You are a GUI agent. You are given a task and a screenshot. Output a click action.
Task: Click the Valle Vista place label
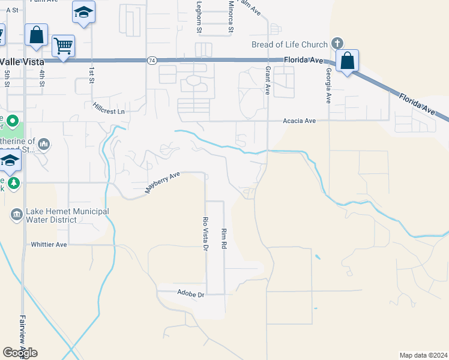[19, 61]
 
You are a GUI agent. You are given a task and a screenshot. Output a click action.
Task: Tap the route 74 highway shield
[152, 60]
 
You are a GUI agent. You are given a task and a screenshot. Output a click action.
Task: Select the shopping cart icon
[63, 46]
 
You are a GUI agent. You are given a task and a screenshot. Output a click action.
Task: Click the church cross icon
[337, 43]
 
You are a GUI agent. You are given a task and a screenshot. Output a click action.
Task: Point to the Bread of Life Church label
[289, 44]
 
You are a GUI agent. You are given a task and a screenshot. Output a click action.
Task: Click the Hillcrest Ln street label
[109, 112]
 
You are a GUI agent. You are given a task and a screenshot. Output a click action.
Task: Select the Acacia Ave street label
[300, 121]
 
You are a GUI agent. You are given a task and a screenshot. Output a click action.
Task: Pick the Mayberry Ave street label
[163, 182]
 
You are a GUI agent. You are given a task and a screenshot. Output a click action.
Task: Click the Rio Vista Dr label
[205, 233]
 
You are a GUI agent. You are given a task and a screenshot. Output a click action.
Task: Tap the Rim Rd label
[223, 239]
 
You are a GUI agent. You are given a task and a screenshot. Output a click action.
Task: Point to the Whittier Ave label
[49, 244]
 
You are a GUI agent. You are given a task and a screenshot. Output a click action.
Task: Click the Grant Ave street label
[268, 80]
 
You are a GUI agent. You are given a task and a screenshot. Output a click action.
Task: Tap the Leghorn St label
[199, 16]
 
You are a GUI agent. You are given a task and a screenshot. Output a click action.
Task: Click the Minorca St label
[231, 16]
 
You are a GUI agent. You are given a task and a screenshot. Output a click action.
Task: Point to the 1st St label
[92, 74]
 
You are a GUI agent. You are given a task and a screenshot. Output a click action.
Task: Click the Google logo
[20, 353]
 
